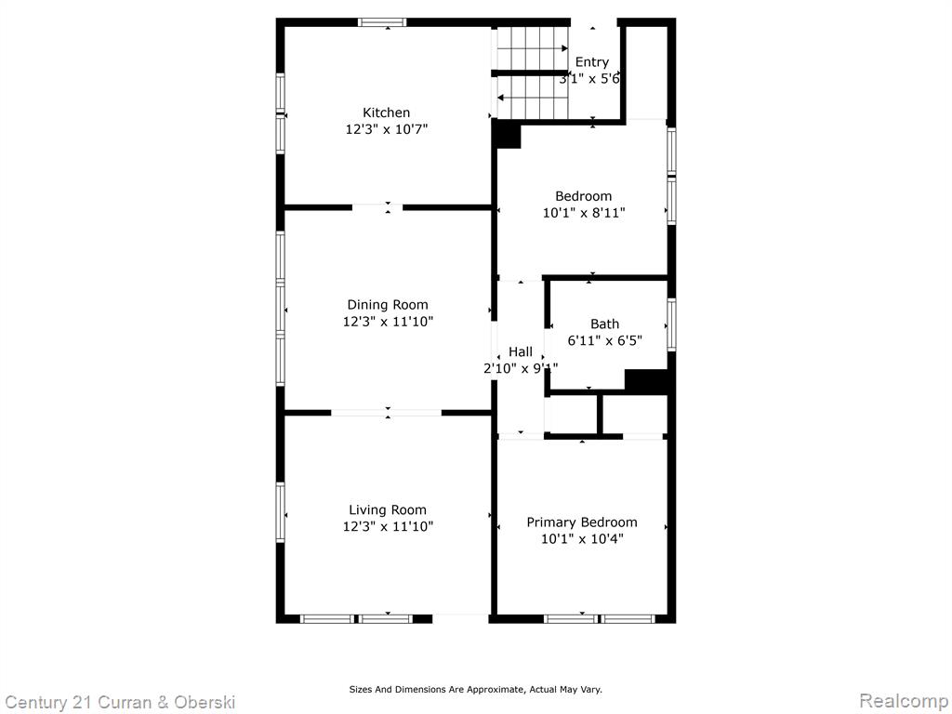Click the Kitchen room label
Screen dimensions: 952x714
click(x=386, y=112)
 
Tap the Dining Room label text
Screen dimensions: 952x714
click(x=388, y=305)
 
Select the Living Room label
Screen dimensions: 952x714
click(x=388, y=510)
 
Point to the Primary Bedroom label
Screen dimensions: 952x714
click(x=582, y=522)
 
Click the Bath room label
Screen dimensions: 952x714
click(x=604, y=324)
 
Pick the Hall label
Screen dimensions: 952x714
click(x=521, y=351)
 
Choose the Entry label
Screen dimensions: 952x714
click(x=592, y=62)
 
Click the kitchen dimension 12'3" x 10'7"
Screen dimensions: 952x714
click(x=387, y=128)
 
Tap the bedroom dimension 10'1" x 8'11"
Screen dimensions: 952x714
click(x=584, y=213)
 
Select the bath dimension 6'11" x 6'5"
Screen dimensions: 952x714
click(x=604, y=340)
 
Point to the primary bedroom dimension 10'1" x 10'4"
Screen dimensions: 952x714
click(x=582, y=538)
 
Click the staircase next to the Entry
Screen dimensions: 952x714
click(x=533, y=73)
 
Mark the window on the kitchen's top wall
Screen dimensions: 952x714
click(x=382, y=22)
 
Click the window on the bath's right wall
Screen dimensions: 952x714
click(x=671, y=324)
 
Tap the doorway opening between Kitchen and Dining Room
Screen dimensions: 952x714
click(x=377, y=207)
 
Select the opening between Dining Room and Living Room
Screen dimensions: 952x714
click(x=386, y=413)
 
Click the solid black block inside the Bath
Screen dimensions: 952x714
click(x=648, y=382)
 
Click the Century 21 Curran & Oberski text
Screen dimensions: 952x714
click(x=120, y=703)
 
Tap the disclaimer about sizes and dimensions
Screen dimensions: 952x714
click(x=475, y=689)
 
